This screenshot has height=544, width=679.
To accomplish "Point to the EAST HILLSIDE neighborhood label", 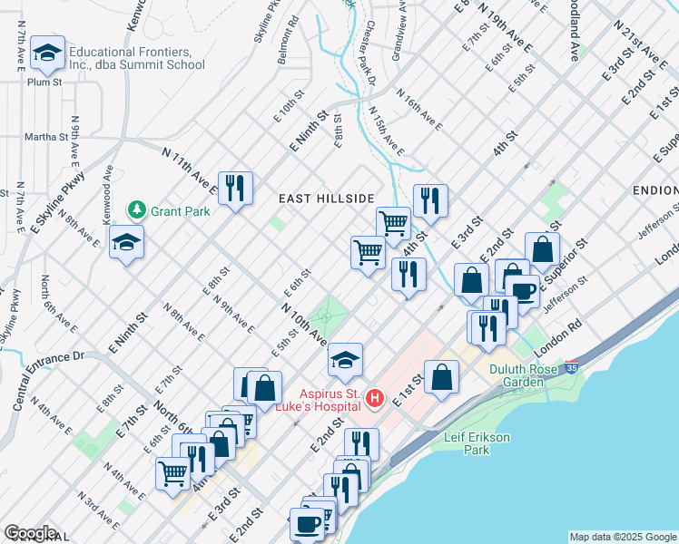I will coord(326,199).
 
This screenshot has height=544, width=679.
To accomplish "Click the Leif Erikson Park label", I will coord(479,442).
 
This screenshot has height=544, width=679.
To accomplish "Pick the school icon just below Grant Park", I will coord(126,242).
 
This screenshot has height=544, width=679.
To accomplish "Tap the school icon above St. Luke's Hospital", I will coord(345,360).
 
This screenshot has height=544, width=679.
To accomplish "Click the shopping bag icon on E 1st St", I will coord(440,378).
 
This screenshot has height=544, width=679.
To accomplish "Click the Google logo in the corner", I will coord(30,533).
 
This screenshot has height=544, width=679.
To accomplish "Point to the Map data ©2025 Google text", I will coord(623,537).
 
